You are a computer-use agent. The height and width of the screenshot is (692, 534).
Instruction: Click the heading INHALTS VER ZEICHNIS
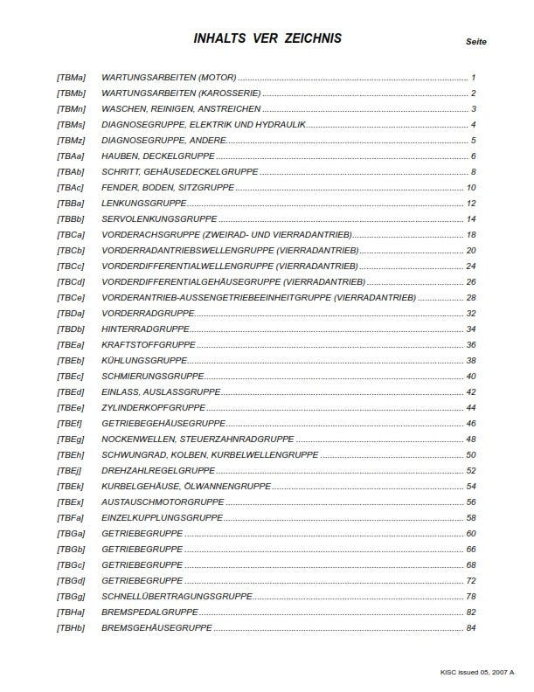click(x=267, y=38)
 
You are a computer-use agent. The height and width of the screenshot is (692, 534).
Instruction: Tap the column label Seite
click(x=476, y=42)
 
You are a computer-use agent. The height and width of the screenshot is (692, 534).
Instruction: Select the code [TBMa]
click(x=71, y=78)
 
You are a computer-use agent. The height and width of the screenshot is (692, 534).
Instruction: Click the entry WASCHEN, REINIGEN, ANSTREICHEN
click(x=181, y=109)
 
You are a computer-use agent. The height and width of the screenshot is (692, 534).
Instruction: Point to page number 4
click(x=473, y=125)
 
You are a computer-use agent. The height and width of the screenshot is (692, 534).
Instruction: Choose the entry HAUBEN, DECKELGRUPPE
click(x=147, y=156)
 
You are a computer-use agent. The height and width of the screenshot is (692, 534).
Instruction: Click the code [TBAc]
click(x=71, y=188)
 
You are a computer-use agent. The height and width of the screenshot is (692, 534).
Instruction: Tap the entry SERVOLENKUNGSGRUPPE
click(x=159, y=219)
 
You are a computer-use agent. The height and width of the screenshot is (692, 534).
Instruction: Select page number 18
click(x=471, y=235)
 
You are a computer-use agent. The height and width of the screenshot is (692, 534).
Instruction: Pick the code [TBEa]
click(x=71, y=345)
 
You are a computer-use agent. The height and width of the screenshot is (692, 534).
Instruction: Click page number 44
click(x=471, y=408)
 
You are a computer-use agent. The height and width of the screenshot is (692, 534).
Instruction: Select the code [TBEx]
click(x=71, y=502)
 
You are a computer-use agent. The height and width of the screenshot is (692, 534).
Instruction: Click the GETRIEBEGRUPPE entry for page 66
click(x=142, y=550)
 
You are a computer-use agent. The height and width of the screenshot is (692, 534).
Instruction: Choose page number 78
click(x=471, y=597)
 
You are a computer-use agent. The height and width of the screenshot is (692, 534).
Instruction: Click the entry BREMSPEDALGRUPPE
click(x=149, y=612)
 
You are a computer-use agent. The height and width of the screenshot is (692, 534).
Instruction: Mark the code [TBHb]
click(x=71, y=628)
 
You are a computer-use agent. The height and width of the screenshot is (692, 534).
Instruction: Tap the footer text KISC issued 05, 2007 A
click(x=477, y=672)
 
